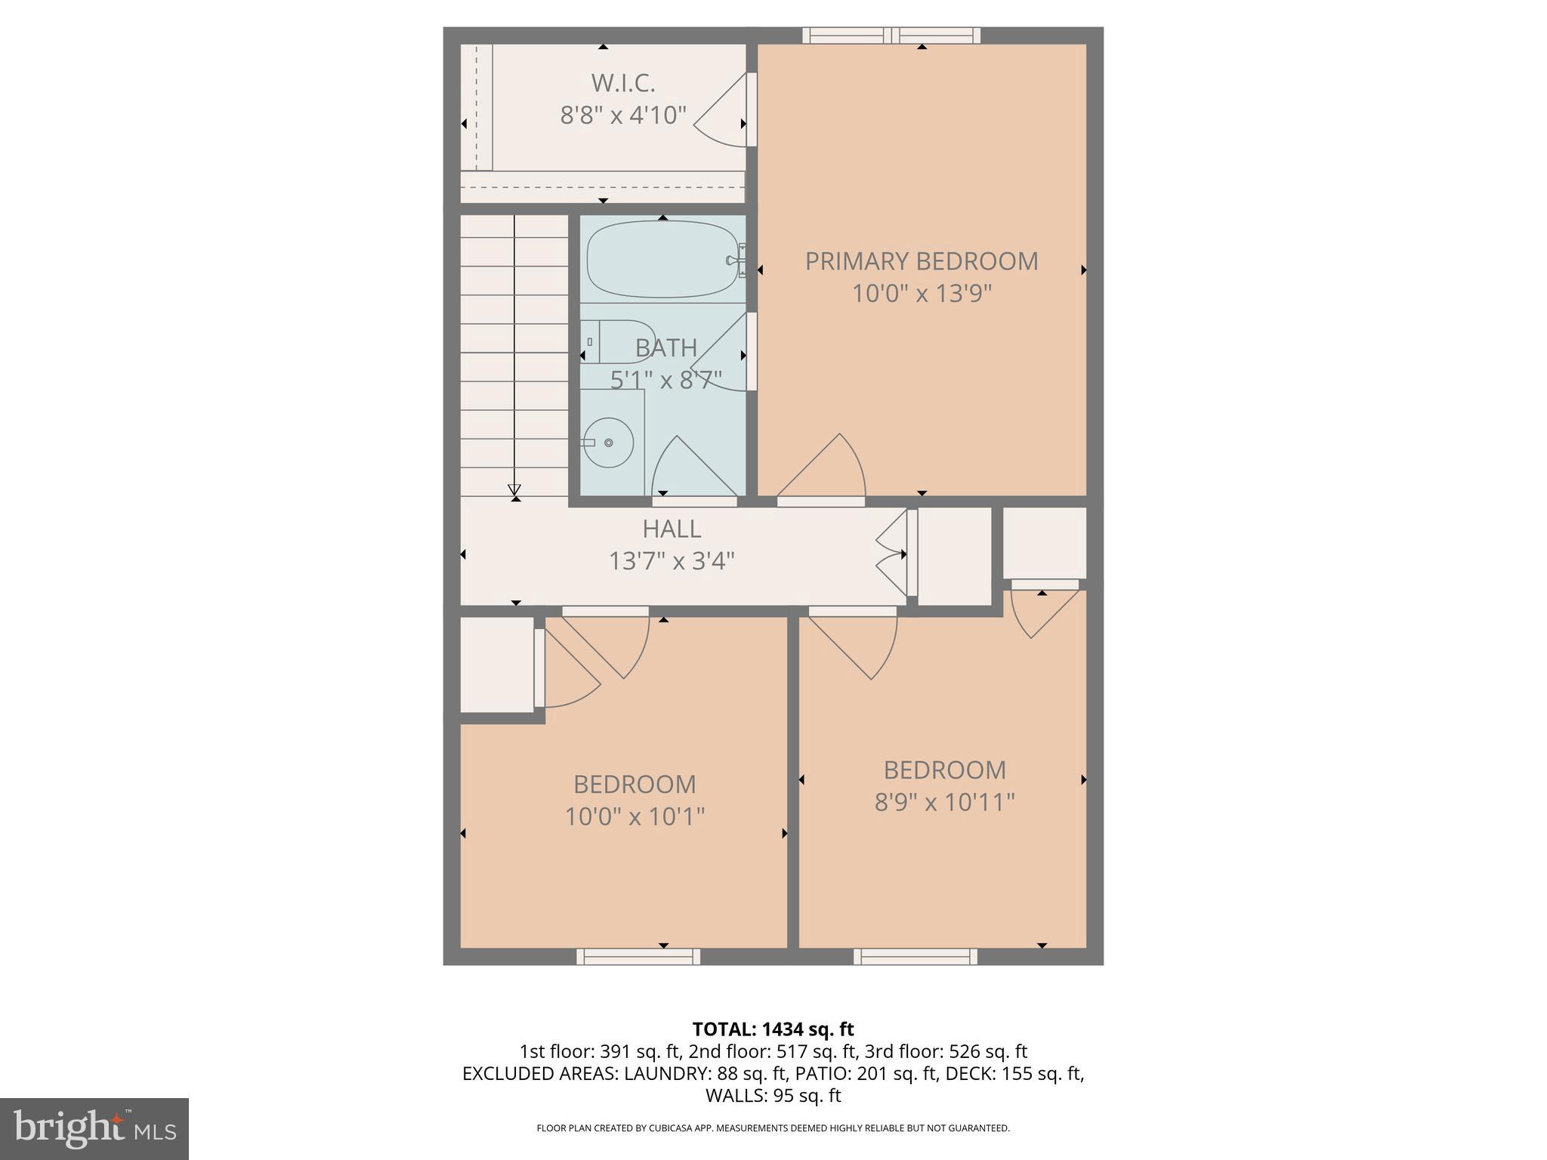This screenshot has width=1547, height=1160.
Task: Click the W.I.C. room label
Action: click(622, 82)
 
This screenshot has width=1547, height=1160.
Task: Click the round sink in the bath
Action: click(609, 443)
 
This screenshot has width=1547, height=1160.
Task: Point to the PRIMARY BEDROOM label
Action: click(921, 261)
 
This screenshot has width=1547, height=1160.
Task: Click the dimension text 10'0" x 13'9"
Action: click(921, 293)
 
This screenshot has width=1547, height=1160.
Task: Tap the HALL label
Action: click(672, 529)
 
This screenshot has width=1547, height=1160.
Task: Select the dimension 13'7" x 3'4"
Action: click(672, 561)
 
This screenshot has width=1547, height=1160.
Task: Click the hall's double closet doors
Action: click(895, 554)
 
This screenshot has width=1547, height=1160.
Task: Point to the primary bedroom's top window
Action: click(891, 35)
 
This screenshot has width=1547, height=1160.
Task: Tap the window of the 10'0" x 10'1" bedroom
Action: click(638, 957)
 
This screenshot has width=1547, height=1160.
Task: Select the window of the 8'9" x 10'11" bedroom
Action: click(916, 957)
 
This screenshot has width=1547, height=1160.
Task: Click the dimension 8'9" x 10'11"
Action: click(944, 802)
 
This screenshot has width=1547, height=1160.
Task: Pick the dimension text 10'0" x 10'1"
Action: click(635, 816)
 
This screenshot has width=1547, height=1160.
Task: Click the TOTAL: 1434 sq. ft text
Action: click(773, 1029)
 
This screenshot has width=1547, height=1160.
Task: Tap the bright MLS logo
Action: click(94, 1129)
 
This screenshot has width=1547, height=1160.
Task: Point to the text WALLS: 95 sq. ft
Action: click(773, 1095)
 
